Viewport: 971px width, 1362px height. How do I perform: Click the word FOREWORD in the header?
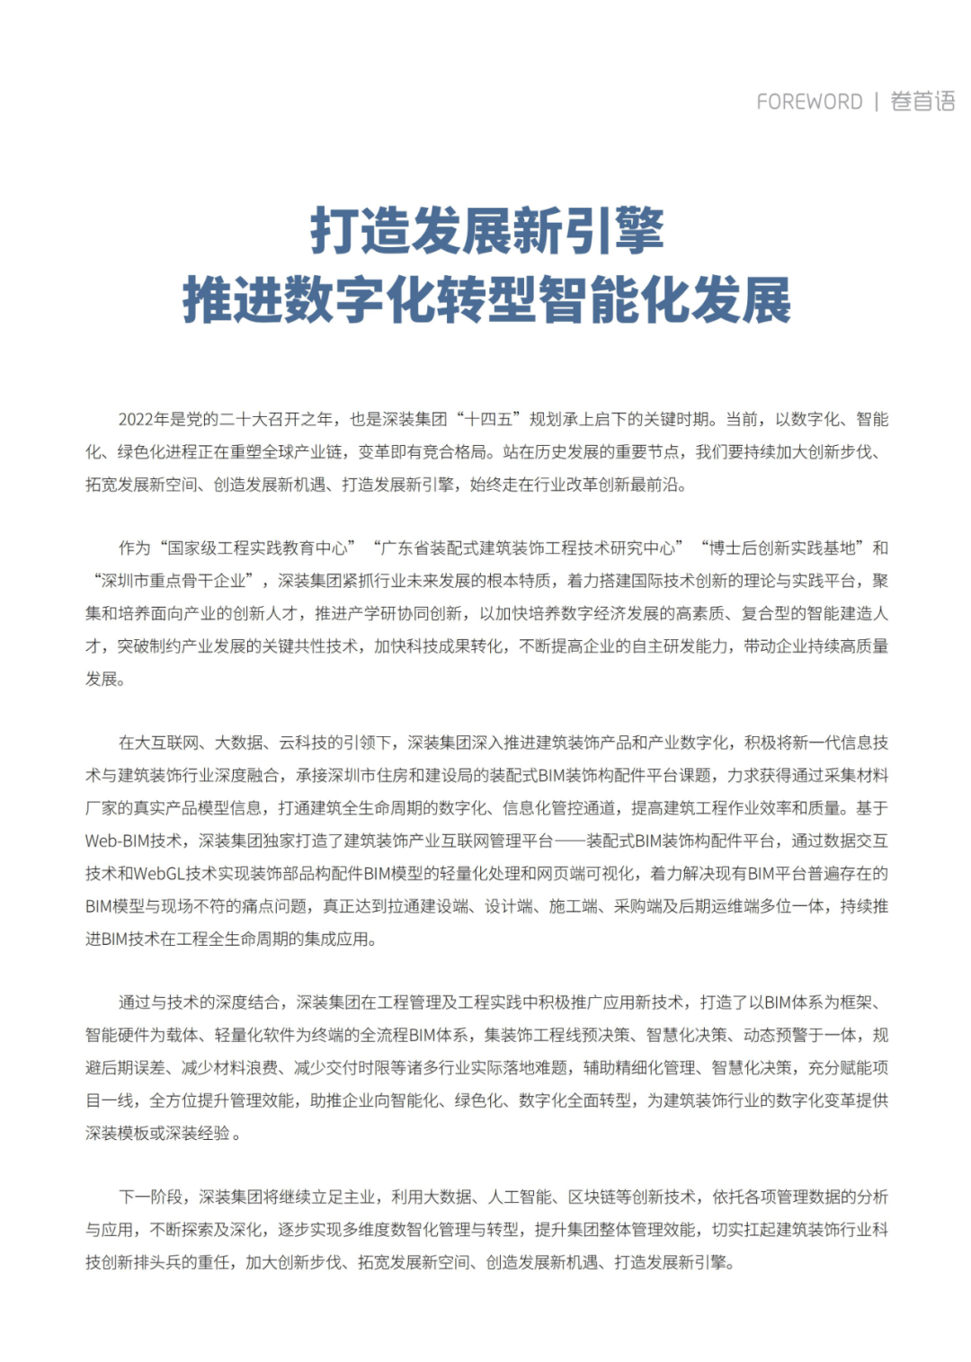(x=809, y=102)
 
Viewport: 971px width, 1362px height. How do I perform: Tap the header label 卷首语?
(x=922, y=102)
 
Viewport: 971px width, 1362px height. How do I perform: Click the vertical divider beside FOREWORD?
(x=876, y=102)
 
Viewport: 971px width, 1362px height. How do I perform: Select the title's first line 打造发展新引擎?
(x=486, y=231)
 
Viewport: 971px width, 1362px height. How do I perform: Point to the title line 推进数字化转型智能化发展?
(x=486, y=299)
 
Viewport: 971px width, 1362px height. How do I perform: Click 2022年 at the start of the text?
(x=144, y=420)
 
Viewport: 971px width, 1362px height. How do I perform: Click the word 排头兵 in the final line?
(x=172, y=1262)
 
